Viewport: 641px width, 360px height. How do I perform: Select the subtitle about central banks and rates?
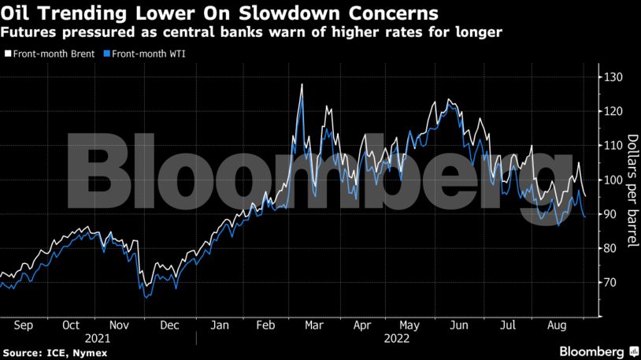[x=252, y=32]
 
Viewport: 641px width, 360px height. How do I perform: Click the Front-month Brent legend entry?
[x=50, y=54]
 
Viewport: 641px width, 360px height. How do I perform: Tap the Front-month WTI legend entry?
[x=149, y=54]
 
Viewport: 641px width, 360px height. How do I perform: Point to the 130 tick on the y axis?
[x=613, y=77]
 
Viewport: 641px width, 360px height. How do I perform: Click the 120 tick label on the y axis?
[x=613, y=111]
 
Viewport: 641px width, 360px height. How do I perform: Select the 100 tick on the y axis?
[x=613, y=180]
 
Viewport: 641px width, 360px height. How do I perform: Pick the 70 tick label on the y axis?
[x=612, y=282]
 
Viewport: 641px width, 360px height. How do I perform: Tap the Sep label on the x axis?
[x=23, y=325]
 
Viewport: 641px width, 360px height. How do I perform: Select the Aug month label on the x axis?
[x=558, y=325]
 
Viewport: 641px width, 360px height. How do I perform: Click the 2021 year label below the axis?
[x=95, y=337]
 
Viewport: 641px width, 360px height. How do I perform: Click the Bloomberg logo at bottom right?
[x=592, y=351]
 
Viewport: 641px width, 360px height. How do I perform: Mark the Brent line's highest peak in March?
[x=302, y=84]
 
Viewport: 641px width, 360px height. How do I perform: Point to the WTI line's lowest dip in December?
[x=146, y=298]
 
